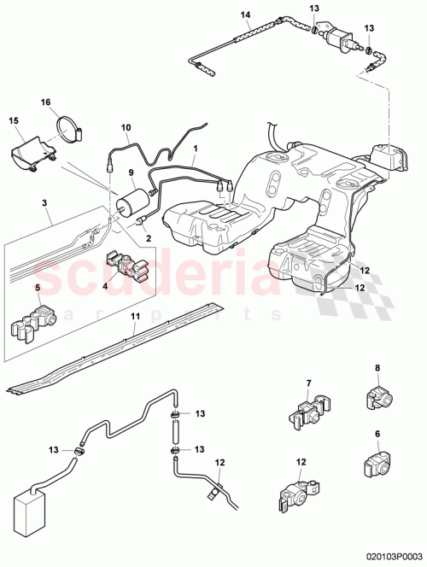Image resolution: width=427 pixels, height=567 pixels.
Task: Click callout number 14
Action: pyautogui.click(x=246, y=15)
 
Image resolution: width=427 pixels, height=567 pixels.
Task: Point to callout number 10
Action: pyautogui.click(x=125, y=128)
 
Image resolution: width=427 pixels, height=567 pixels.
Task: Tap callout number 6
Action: pyautogui.click(x=377, y=434)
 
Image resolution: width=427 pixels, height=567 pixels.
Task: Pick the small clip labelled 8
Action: pyautogui.click(x=377, y=397)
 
